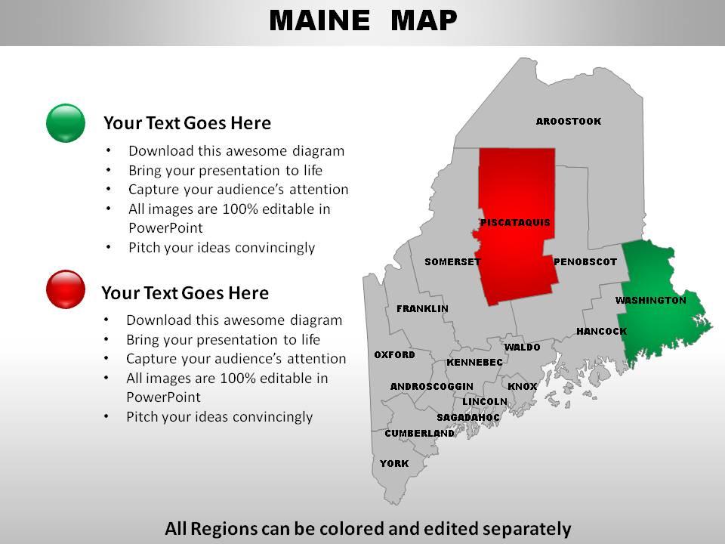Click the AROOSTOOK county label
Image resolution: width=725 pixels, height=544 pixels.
point(569,121)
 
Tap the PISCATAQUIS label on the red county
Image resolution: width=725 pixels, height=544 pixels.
point(515,222)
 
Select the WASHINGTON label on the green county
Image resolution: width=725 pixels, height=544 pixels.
point(651,300)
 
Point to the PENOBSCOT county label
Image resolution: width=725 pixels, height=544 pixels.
point(585,261)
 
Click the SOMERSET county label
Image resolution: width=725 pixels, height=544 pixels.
point(452,261)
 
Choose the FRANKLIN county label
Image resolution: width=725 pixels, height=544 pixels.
point(422,308)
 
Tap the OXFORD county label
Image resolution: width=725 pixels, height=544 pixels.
point(394,354)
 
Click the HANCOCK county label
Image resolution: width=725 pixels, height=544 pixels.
point(601,331)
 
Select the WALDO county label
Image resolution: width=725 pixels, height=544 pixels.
point(523,347)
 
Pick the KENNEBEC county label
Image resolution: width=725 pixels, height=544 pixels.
point(474,363)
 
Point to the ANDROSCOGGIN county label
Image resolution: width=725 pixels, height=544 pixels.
point(431,386)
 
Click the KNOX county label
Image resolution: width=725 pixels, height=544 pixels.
point(523,386)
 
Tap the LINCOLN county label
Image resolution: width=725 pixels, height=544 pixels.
point(485,401)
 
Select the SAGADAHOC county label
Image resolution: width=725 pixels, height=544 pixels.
point(468,417)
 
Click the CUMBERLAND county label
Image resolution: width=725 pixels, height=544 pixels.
point(419,433)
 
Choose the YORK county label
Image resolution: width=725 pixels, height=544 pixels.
point(394,463)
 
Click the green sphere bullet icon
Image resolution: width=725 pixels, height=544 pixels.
point(66,123)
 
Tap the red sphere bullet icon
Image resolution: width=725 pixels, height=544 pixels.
point(66,289)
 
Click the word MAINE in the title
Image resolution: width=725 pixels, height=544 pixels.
point(320,20)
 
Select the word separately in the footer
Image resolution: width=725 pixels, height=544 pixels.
point(526,529)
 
